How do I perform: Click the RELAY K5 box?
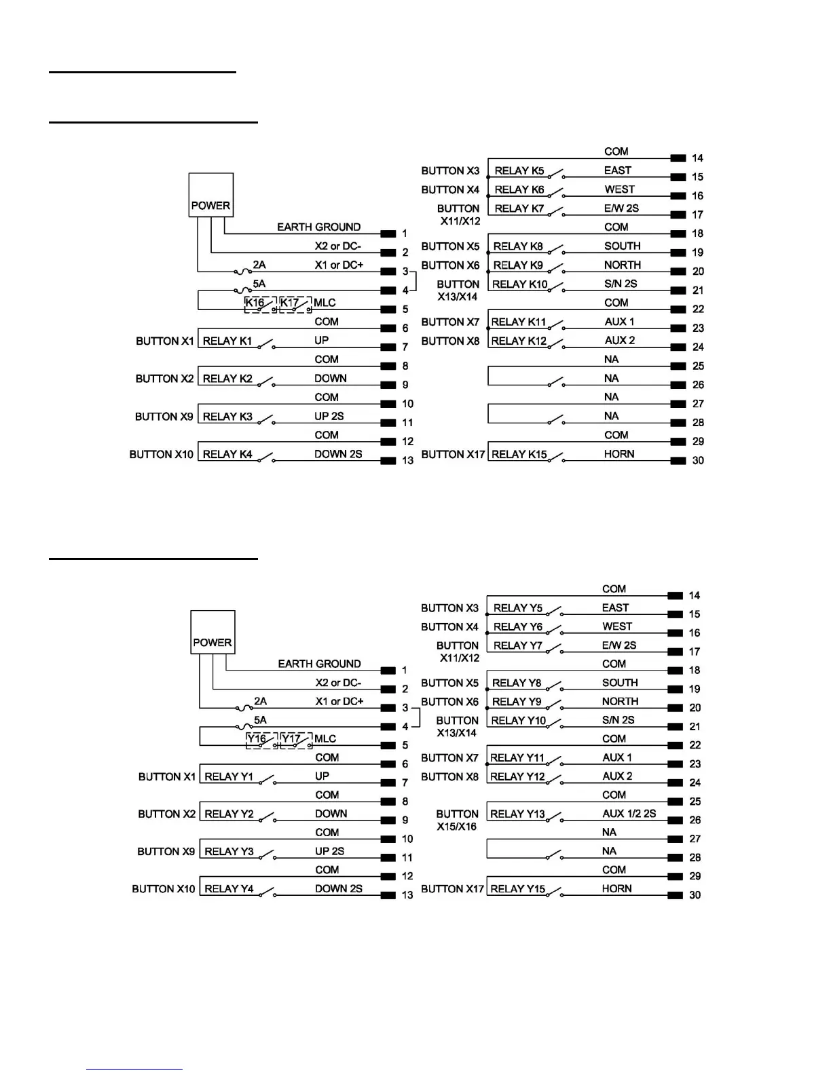click(x=519, y=171)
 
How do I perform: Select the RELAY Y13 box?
click(x=517, y=814)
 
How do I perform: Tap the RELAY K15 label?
click(x=519, y=454)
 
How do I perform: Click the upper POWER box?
click(x=210, y=195)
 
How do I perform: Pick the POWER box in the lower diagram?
click(x=213, y=633)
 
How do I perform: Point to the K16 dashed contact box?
click(x=259, y=303)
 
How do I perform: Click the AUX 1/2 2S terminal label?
click(x=629, y=814)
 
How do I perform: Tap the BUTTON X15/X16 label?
click(x=457, y=820)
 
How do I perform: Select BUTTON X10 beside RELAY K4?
click(x=161, y=454)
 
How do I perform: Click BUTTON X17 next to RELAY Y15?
click(x=452, y=889)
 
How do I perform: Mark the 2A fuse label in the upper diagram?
click(x=259, y=265)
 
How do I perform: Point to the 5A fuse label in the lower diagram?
click(x=261, y=720)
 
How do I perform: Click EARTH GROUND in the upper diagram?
click(x=318, y=227)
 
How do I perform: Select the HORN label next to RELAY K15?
click(x=619, y=454)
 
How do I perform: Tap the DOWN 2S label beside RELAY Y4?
click(x=338, y=888)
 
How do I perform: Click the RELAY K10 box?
click(x=519, y=284)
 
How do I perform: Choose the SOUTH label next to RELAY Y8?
click(x=620, y=683)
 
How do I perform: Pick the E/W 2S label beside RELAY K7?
click(x=621, y=208)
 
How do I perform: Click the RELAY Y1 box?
click(x=229, y=776)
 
